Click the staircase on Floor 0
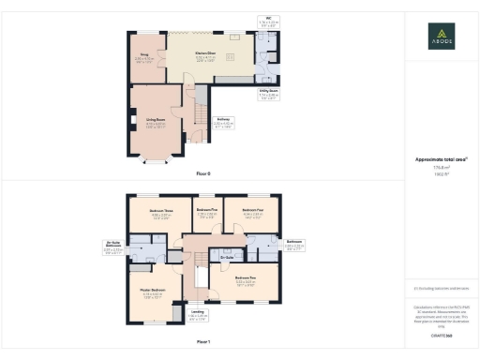(198, 116)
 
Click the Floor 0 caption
(203, 174)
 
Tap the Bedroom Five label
(207, 212)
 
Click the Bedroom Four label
(253, 213)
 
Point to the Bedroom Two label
(246, 279)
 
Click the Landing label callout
(198, 314)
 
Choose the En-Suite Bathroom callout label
(113, 248)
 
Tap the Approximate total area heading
(442, 159)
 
